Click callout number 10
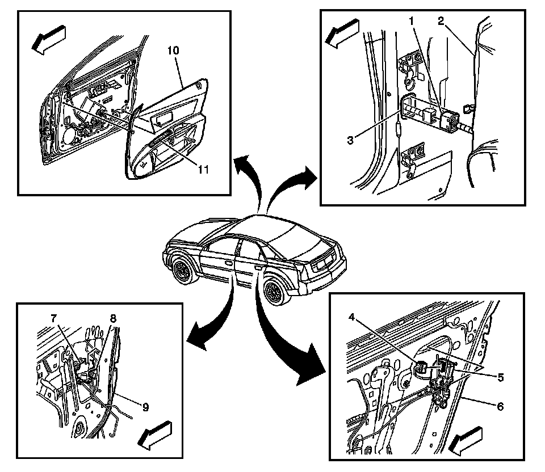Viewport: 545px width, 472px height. pyautogui.click(x=174, y=50)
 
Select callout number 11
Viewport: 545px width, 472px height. pyautogui.click(x=203, y=169)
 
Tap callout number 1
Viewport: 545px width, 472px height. pyautogui.click(x=412, y=21)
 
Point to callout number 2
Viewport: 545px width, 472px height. pyautogui.click(x=441, y=21)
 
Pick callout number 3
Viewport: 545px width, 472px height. pyautogui.click(x=350, y=140)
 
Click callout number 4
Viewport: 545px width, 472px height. pyautogui.click(x=352, y=317)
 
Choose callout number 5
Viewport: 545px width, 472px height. pyautogui.click(x=501, y=377)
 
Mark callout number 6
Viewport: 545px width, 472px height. pyautogui.click(x=500, y=406)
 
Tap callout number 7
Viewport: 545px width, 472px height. pyautogui.click(x=53, y=318)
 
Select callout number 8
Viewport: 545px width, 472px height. pyautogui.click(x=113, y=318)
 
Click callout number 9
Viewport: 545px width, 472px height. pyautogui.click(x=145, y=407)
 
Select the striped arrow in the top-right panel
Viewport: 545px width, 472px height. pyautogui.click(x=342, y=33)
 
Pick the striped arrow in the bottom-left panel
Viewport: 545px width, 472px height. pyautogui.click(x=154, y=436)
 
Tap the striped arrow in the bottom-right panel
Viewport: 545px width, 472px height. pyautogui.click(x=466, y=441)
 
